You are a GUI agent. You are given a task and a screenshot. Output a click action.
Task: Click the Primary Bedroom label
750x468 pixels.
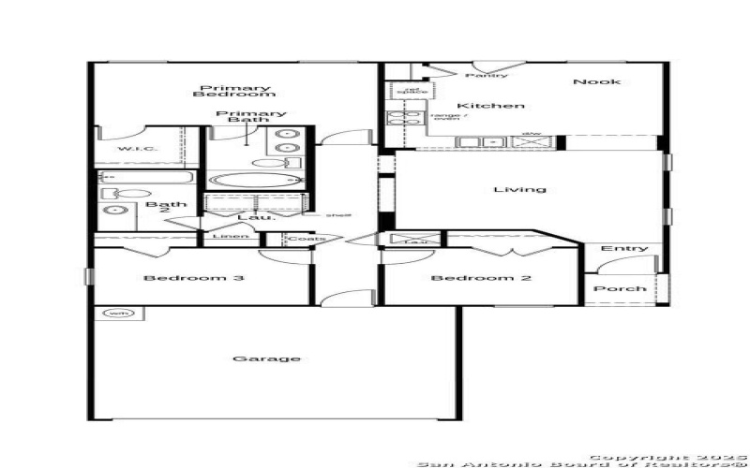pyautogui.click(x=234, y=91)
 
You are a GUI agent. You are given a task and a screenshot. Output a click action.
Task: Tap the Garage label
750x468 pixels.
pyautogui.click(x=279, y=358)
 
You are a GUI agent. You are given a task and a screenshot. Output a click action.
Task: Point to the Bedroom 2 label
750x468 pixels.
pyautogui.click(x=473, y=278)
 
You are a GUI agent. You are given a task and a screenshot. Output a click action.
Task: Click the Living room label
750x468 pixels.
pyautogui.click(x=519, y=190)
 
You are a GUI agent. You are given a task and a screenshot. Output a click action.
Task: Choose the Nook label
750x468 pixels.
pyautogui.click(x=596, y=81)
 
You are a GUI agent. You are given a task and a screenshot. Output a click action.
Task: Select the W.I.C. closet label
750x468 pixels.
pyautogui.click(x=137, y=150)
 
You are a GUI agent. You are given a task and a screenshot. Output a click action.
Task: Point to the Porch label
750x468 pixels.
pyautogui.click(x=621, y=288)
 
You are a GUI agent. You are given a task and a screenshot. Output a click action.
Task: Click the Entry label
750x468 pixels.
pyautogui.click(x=624, y=248)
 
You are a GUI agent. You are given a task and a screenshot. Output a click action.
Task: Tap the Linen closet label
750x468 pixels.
pyautogui.click(x=231, y=237)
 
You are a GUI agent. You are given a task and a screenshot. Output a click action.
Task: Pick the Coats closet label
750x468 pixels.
pyautogui.click(x=306, y=239)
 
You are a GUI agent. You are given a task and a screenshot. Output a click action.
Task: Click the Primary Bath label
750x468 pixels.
pyautogui.click(x=251, y=118)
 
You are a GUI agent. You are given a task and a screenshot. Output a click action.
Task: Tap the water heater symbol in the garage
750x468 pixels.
pyautogui.click(x=118, y=314)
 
